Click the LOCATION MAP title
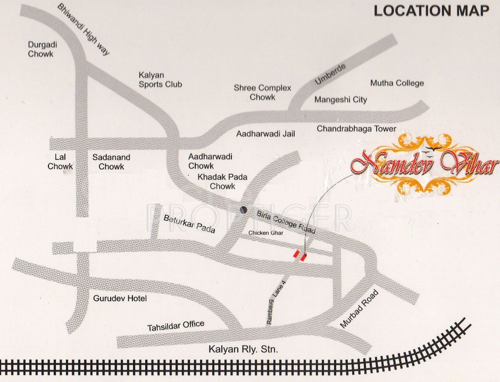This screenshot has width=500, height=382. (x=431, y=11)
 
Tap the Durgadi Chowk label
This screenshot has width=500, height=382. (x=42, y=49)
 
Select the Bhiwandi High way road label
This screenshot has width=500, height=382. (x=83, y=29)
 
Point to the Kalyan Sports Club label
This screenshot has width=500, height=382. (x=160, y=80)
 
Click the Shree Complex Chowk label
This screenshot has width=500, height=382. (x=262, y=92)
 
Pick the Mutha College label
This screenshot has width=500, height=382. (x=396, y=83)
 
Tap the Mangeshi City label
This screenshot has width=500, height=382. (x=340, y=99)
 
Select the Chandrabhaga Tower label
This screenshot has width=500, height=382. (x=356, y=129)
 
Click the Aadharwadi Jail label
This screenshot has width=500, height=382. (x=265, y=134)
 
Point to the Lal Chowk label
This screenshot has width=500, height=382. (x=60, y=162)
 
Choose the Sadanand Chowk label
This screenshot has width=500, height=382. (x=111, y=162)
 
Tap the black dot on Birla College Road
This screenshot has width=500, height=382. (x=243, y=210)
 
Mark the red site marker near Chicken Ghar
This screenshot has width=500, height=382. (x=299, y=255)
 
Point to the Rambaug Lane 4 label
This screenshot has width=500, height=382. (x=276, y=303)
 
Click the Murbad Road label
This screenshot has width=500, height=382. (x=360, y=310)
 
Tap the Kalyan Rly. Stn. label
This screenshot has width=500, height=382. (x=242, y=349)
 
